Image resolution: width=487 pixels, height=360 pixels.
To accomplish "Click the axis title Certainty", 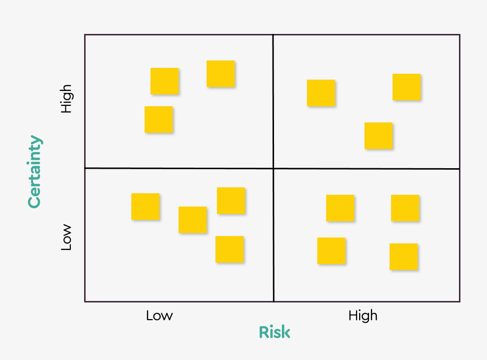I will [34, 172].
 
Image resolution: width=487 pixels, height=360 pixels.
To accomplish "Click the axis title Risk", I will [274, 332].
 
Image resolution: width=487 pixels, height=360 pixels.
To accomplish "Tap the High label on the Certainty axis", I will [66, 99].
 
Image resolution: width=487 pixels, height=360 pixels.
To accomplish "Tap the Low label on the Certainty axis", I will [66, 238].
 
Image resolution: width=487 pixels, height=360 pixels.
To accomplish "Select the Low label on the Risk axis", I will [159, 315].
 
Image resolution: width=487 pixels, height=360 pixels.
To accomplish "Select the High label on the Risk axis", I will [363, 315].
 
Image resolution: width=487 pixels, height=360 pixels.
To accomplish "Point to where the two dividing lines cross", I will [273, 168].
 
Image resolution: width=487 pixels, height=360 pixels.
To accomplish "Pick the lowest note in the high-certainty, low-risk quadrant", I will [159, 120].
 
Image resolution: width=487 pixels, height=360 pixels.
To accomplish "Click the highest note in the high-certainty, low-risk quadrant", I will [221, 74].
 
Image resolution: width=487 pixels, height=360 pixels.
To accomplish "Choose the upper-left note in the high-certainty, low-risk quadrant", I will [165, 81].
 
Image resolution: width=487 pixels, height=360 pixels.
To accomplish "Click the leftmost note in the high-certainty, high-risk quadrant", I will [321, 93].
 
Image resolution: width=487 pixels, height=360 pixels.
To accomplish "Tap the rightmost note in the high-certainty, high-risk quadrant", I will [407, 87].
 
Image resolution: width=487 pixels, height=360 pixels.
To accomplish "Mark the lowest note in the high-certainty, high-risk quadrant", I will [379, 136].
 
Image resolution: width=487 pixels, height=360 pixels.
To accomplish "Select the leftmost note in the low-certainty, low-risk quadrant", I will [146, 207].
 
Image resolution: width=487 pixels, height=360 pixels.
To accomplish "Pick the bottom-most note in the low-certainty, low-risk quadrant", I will [230, 249].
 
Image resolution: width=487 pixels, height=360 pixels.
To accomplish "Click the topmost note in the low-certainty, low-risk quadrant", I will [231, 201].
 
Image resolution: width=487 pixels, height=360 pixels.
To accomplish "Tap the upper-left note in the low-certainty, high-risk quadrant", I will [340, 208].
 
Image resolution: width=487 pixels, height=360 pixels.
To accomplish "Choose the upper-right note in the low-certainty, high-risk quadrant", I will [405, 208].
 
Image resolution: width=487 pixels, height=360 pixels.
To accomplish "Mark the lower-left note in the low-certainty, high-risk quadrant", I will [332, 251].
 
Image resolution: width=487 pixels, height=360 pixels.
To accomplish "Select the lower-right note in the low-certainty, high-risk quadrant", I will [404, 257].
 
